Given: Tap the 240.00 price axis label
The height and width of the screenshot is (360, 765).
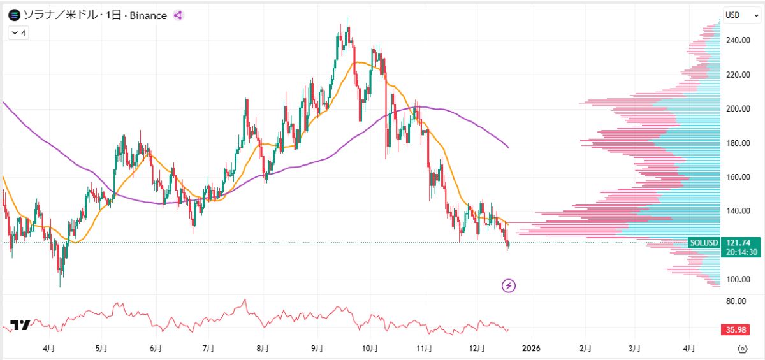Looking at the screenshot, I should tap(738, 40).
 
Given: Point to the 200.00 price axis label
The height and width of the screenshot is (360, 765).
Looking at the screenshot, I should tap(738, 109).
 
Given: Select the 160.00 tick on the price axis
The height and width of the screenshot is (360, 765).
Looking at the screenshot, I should tap(738, 177).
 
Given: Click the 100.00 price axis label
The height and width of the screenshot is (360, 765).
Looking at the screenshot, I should tap(738, 280).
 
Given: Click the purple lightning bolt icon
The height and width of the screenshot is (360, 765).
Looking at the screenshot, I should tap(509, 285).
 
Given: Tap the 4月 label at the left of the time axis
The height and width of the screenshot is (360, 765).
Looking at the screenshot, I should tap(48, 349).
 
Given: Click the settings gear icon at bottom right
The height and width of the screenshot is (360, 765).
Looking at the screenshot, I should tap(742, 349).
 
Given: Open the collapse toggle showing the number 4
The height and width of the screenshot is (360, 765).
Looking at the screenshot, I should tap(18, 32).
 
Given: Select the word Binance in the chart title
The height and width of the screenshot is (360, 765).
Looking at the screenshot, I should tap(148, 15).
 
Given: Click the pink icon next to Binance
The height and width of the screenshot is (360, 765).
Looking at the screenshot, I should tap(178, 15).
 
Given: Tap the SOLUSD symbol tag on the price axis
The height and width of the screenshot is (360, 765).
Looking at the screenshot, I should tap(704, 243).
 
